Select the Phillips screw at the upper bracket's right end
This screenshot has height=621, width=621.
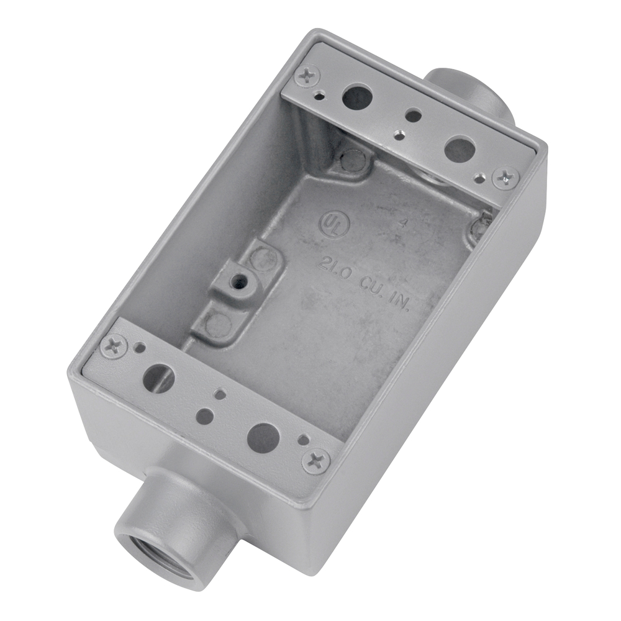point(506,176)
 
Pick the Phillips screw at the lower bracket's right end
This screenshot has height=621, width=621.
point(316,461)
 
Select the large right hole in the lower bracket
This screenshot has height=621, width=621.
point(262,437)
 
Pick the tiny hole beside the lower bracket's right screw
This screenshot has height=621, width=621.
point(302,440)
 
